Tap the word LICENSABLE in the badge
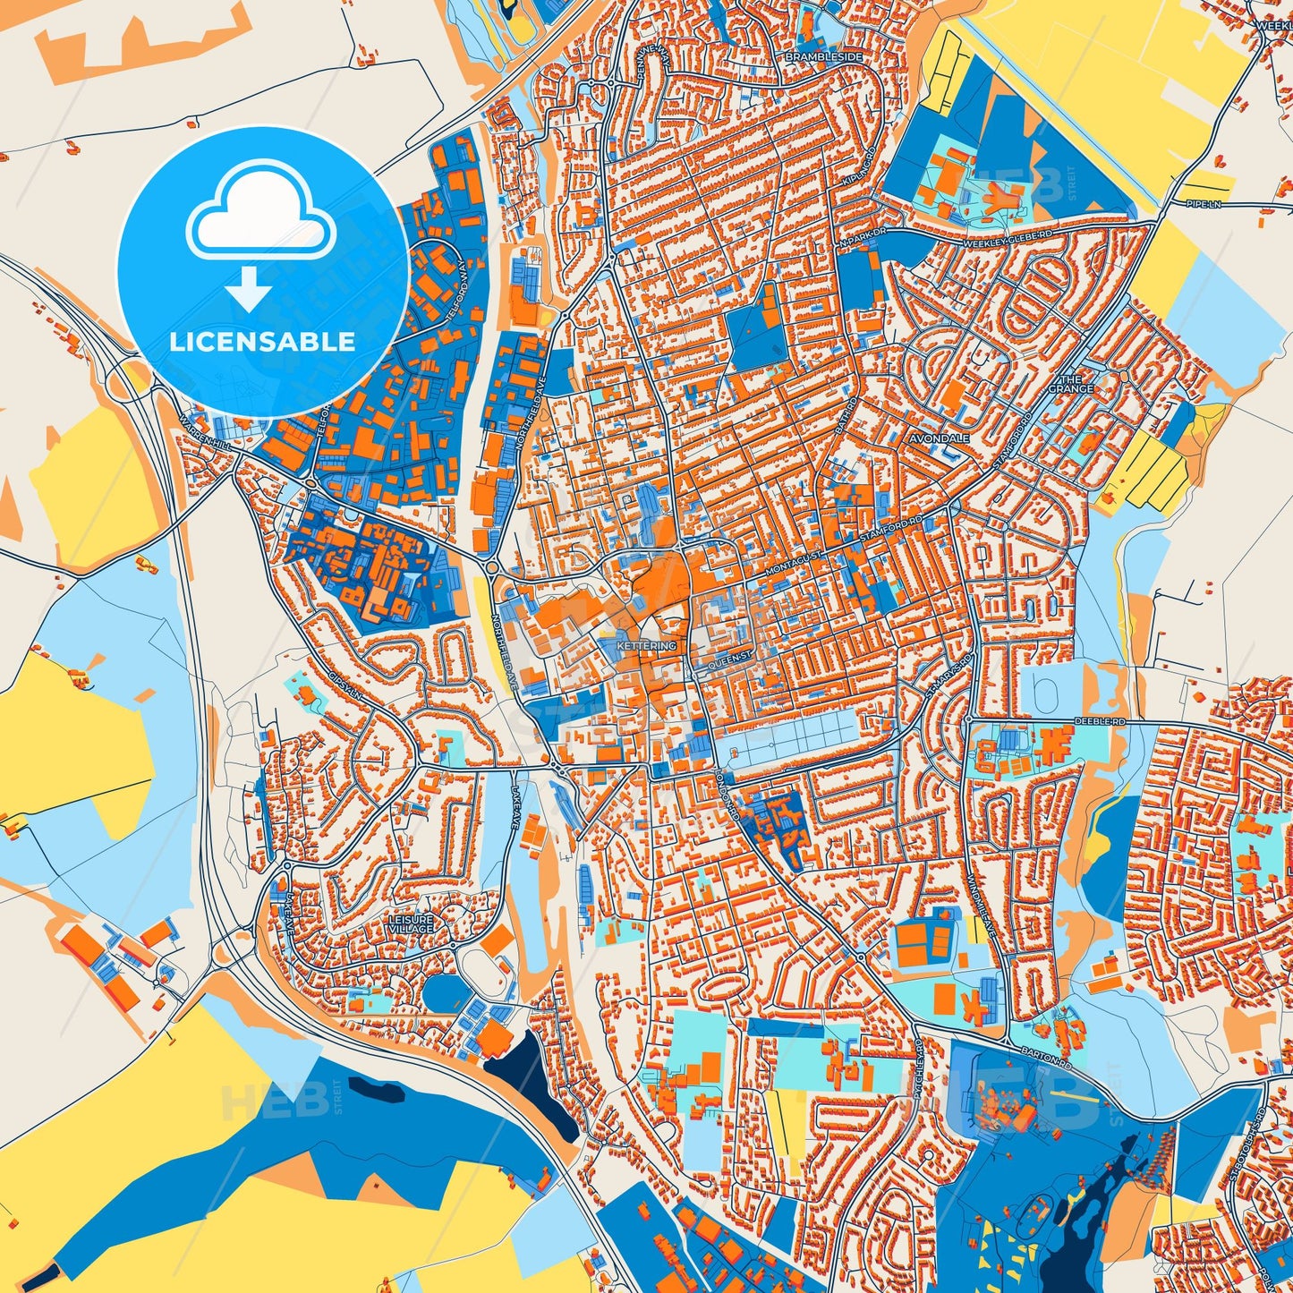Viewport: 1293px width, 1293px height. [x=262, y=342]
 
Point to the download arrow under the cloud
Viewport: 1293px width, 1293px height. [x=250, y=288]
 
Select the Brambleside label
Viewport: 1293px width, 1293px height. [x=823, y=56]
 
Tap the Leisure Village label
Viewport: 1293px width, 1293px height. [x=411, y=924]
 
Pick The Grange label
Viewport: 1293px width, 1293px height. [x=1071, y=384]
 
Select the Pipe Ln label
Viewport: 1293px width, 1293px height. [x=1203, y=204]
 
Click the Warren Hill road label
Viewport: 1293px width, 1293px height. [x=208, y=430]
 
